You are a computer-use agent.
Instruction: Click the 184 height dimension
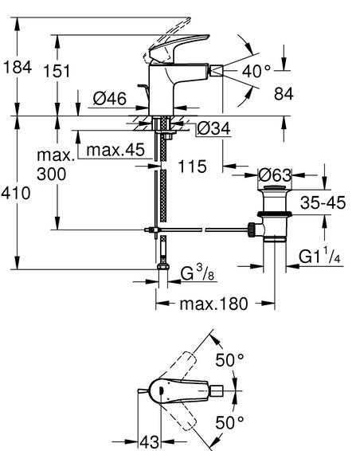pyautogui.click(x=18, y=68)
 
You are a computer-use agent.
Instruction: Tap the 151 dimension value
pyautogui.click(x=57, y=71)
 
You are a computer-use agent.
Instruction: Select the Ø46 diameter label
pyautogui.click(x=110, y=99)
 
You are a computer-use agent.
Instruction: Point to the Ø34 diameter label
pyautogui.click(x=214, y=128)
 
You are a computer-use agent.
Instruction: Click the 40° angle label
pyautogui.click(x=256, y=71)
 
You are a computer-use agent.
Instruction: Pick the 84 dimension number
pyautogui.click(x=284, y=94)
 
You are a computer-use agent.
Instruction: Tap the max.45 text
pyautogui.click(x=115, y=150)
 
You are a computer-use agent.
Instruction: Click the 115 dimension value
pyautogui.click(x=192, y=167)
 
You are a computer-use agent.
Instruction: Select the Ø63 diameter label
pyautogui.click(x=275, y=175)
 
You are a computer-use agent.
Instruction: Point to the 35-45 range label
pyautogui.click(x=323, y=202)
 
